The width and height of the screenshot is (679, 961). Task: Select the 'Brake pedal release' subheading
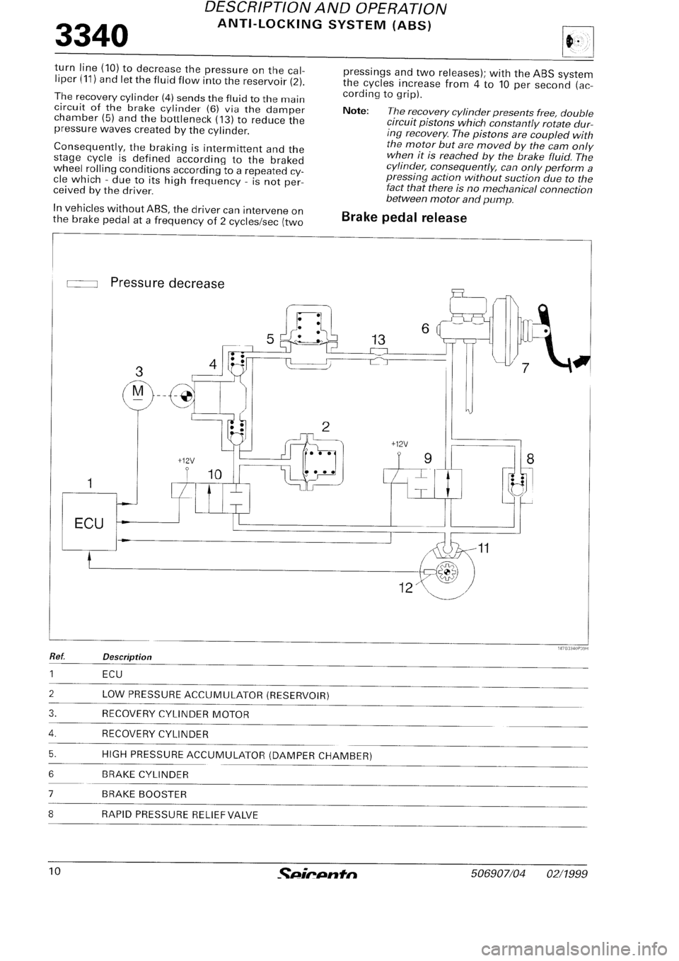(403, 217)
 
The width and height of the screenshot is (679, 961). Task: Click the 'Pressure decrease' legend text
(167, 284)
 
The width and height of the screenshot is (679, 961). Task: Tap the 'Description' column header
(126, 657)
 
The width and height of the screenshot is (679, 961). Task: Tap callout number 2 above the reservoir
(326, 426)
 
